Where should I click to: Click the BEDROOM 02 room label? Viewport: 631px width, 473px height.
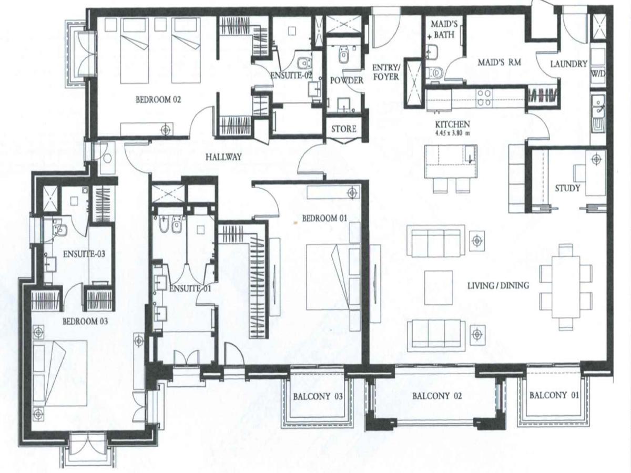pos(158,100)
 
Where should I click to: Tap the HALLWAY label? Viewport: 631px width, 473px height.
pos(223,157)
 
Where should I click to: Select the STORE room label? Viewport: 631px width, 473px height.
pos(344,129)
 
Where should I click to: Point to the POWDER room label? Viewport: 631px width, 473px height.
pos(347,80)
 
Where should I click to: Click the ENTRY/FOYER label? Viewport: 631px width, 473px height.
pos(386,72)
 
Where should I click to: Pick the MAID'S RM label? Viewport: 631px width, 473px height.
pos(500,63)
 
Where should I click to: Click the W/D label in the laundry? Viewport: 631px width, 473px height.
pos(598,74)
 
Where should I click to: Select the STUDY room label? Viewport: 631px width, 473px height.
pos(567,188)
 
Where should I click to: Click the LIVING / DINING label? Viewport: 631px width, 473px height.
pos(498,285)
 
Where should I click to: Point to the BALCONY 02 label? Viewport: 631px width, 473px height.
pos(437,396)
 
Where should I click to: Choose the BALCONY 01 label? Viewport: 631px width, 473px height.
pos(554,395)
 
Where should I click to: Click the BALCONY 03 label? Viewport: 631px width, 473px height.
pos(318,397)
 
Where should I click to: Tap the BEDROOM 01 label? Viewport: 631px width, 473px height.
pos(324,219)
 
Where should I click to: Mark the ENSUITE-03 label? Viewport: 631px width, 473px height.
pos(84,254)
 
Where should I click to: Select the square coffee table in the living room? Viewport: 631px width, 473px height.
pos(439,288)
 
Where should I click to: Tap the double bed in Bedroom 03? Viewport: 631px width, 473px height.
pos(60,373)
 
